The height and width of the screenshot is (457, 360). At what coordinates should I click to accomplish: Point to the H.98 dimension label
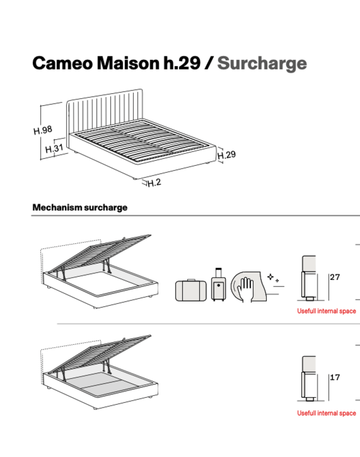pyautogui.click(x=43, y=131)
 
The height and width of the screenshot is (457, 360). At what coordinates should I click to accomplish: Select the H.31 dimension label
pyautogui.click(x=54, y=148)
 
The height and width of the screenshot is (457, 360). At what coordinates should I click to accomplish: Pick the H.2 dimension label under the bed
pyautogui.click(x=153, y=184)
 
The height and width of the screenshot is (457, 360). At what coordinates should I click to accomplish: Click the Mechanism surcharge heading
pyautogui.click(x=80, y=207)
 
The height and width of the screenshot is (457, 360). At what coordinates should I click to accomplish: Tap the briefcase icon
pyautogui.click(x=191, y=291)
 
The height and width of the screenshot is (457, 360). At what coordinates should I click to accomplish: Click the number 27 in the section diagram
pyautogui.click(x=335, y=277)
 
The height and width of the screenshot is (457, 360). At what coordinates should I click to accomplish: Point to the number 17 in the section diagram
pyautogui.click(x=335, y=378)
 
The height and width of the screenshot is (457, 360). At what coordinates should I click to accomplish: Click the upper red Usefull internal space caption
pyautogui.click(x=326, y=311)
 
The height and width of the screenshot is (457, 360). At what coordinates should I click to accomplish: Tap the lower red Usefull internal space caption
pyautogui.click(x=326, y=413)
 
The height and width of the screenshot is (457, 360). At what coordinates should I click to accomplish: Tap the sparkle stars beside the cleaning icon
pyautogui.click(x=274, y=279)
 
